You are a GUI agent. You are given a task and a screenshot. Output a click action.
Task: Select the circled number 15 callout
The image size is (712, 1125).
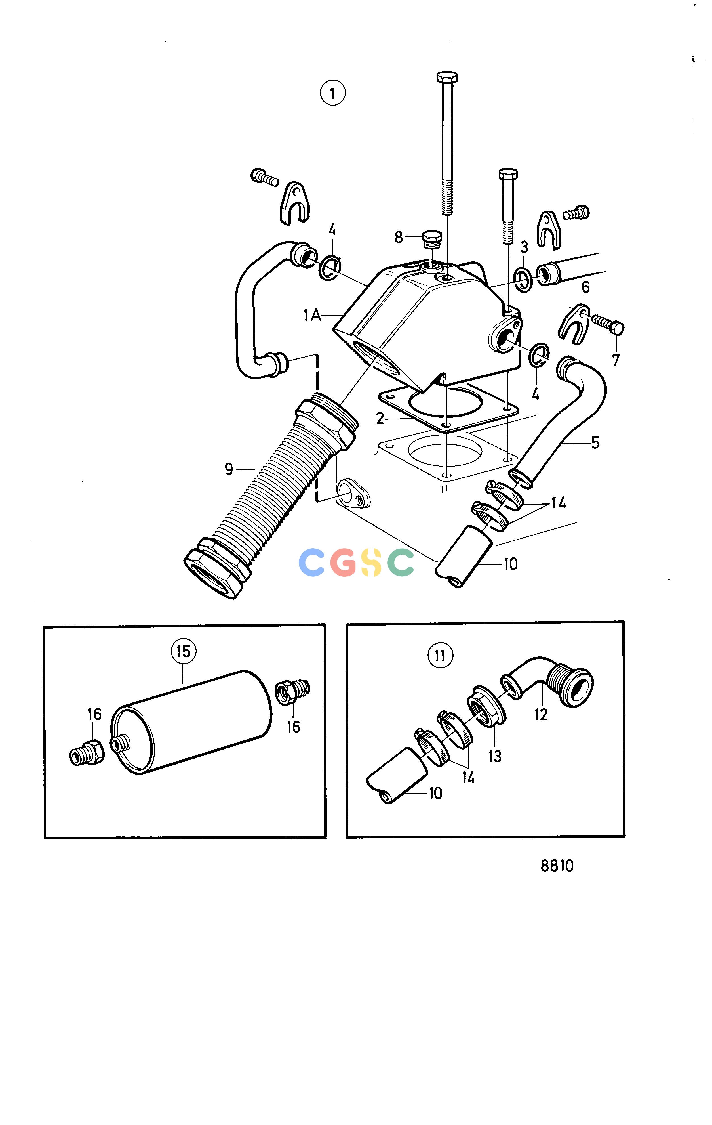click(x=184, y=651)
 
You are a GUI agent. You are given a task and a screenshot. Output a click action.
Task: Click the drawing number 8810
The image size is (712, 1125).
click(x=557, y=866)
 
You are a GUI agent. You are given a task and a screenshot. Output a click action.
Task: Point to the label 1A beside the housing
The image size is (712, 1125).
click(x=312, y=316)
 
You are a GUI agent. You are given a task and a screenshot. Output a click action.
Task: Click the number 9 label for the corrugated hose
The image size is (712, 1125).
click(x=229, y=469)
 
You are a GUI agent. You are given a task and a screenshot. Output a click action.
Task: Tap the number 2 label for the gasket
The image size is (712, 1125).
click(x=380, y=418)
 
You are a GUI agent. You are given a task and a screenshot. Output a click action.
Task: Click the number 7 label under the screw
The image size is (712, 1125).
click(x=616, y=360)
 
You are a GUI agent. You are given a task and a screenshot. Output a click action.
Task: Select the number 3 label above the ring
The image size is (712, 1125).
click(x=524, y=247)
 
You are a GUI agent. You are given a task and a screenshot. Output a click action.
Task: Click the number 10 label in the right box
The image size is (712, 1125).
click(x=435, y=793)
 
